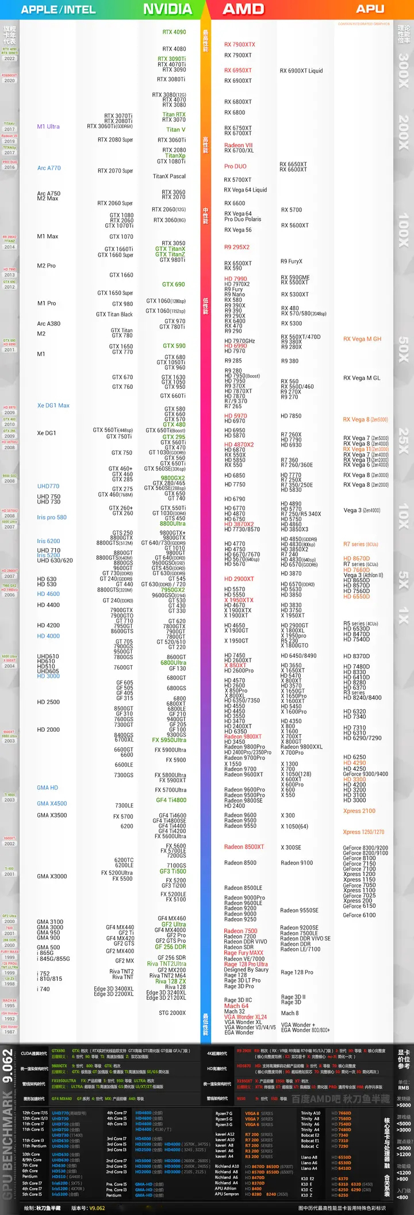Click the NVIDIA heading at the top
point(167,9)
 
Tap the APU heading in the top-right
point(370,9)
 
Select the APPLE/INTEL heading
point(58,9)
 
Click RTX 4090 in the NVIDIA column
point(174,32)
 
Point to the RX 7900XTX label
point(240,44)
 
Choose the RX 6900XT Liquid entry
point(301,71)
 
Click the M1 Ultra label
point(48,127)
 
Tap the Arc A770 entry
point(49,168)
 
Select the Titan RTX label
point(174,114)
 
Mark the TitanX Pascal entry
point(169,176)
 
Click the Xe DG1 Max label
point(53,406)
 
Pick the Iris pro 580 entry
point(52,517)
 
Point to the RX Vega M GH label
point(362,339)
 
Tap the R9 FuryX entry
point(292,261)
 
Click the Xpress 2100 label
point(359,811)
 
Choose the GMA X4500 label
point(52,804)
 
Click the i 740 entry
point(44,989)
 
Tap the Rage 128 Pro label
point(297,972)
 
